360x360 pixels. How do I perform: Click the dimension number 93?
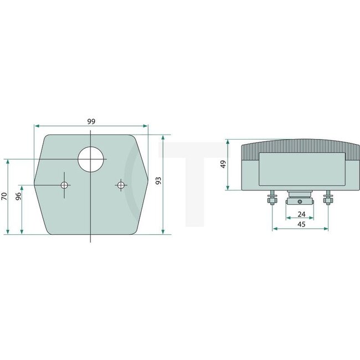click(158, 181)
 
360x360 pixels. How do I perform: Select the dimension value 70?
click(4, 196)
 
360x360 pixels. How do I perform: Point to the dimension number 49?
click(224, 164)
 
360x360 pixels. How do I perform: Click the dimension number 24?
click(301, 214)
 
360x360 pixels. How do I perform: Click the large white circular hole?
click(91, 159)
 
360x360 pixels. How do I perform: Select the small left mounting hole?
click(65, 185)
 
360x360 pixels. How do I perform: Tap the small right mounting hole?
click(120, 185)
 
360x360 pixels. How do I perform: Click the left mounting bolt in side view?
click(271, 197)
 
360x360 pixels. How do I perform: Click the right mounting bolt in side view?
click(328, 197)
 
